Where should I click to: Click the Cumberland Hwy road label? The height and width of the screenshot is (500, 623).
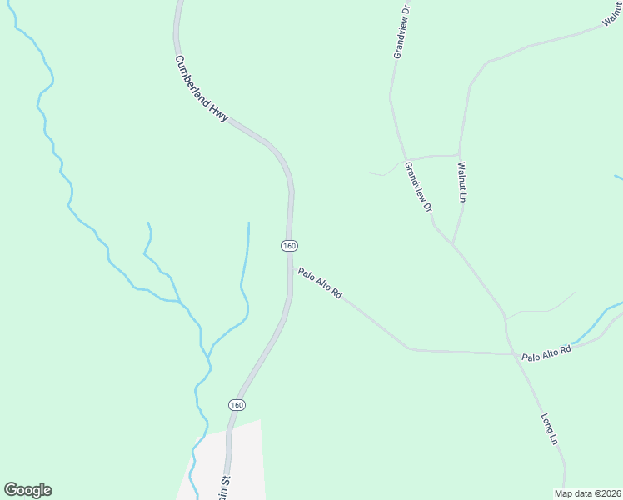(x=202, y=90)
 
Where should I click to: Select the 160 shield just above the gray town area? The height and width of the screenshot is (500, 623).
(x=237, y=404)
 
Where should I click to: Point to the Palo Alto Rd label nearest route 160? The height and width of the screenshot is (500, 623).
(x=320, y=283)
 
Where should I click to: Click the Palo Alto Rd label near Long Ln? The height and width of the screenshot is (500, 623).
(x=546, y=353)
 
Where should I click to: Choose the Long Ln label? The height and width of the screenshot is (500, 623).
(x=549, y=429)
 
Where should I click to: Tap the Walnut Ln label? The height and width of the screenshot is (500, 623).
(x=462, y=182)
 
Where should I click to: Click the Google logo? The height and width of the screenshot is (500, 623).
(x=27, y=490)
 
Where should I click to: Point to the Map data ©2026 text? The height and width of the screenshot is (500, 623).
(x=588, y=493)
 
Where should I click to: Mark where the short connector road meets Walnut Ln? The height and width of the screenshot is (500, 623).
(x=460, y=155)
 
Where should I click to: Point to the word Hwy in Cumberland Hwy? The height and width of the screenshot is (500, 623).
(x=219, y=113)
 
